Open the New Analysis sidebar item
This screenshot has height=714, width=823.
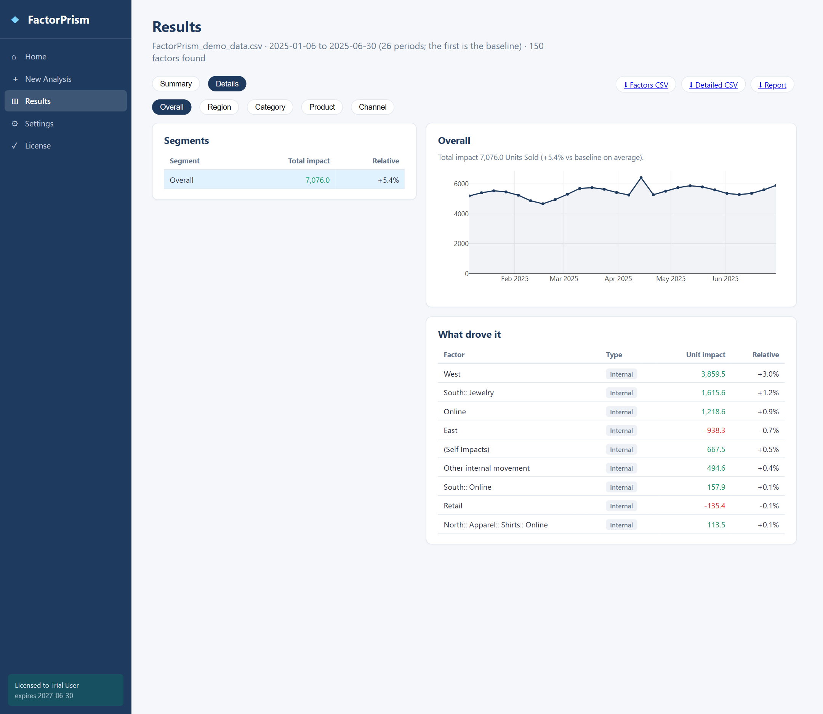pos(48,79)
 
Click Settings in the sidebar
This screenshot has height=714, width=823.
pos(39,123)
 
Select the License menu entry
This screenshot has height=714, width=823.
pos(38,146)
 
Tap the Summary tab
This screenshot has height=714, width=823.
pos(176,84)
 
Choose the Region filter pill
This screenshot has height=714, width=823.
pos(219,107)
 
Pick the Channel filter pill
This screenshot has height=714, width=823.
pos(372,107)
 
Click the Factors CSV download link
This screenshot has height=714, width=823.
pos(645,85)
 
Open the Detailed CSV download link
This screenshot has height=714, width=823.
pos(713,85)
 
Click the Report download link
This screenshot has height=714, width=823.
pos(772,85)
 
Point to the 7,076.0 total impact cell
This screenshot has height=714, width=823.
pos(317,180)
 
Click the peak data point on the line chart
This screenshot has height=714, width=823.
pos(641,178)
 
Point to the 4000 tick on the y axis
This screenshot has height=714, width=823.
pos(461,214)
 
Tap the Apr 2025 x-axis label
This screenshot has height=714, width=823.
pos(618,279)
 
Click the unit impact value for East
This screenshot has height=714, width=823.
pos(714,430)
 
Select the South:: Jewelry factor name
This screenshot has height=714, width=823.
pos(469,393)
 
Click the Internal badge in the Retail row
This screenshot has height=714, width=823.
pos(621,506)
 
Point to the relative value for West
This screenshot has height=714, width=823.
pos(768,374)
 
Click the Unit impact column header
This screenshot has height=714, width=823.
pos(705,355)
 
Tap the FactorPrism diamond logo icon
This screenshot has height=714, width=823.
pos(15,19)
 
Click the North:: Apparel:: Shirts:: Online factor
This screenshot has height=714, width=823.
pos(496,525)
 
